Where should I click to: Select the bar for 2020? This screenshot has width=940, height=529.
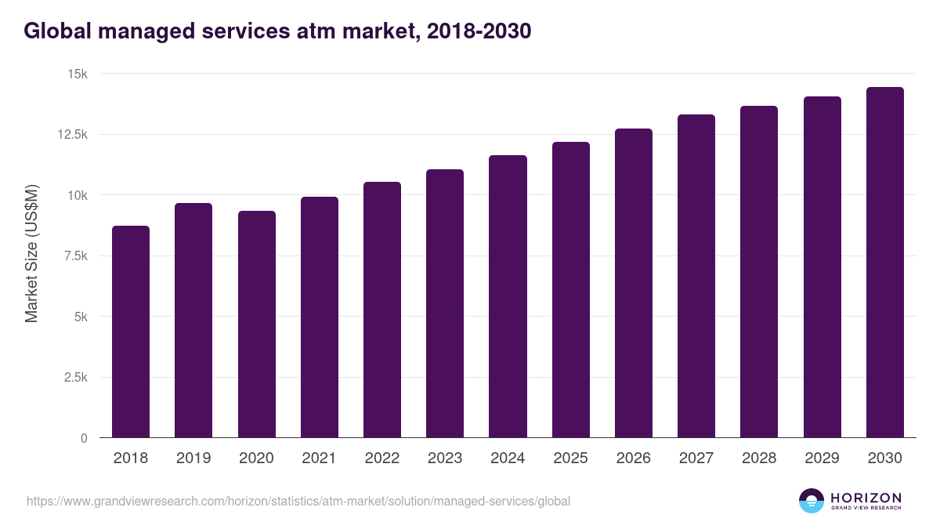pyautogui.click(x=257, y=324)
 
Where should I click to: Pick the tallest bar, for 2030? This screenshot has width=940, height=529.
pyautogui.click(x=884, y=263)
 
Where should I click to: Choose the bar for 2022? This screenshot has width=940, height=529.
pyautogui.click(x=382, y=310)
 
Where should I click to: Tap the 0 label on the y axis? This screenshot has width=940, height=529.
pyautogui.click(x=84, y=438)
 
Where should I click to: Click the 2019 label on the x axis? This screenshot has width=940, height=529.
pyautogui.click(x=193, y=458)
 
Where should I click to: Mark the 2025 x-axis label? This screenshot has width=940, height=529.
pyautogui.click(x=570, y=458)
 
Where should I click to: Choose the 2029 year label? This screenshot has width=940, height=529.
pyautogui.click(x=822, y=458)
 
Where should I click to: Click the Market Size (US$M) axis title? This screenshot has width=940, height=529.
pyautogui.click(x=31, y=252)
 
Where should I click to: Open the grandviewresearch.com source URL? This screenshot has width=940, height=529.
pyautogui.click(x=298, y=501)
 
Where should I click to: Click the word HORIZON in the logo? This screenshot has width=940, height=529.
pyautogui.click(x=866, y=498)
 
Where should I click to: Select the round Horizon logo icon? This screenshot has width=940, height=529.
pyautogui.click(x=812, y=501)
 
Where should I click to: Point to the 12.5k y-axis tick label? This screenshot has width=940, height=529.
pyautogui.click(x=71, y=135)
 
